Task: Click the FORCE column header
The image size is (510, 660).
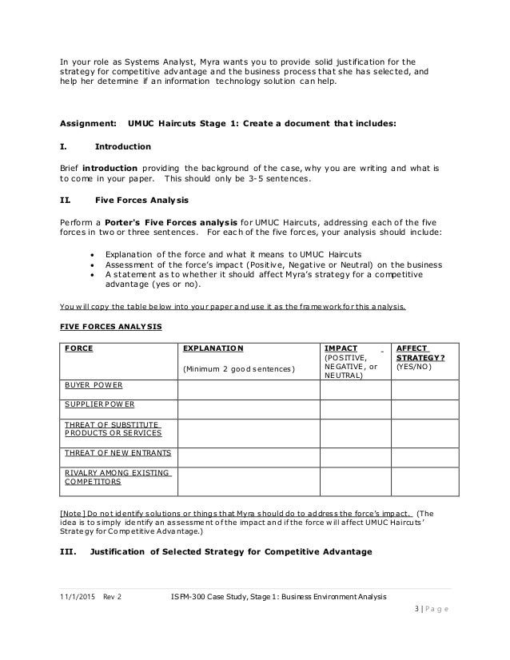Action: (x=77, y=349)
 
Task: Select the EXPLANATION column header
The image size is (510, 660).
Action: (x=213, y=349)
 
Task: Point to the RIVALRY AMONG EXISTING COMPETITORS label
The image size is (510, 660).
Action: (x=118, y=478)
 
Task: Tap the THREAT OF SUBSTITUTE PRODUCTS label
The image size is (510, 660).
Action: (x=112, y=428)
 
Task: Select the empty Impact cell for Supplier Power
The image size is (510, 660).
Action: (x=353, y=409)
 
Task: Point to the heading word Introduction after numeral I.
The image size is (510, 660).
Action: (x=122, y=147)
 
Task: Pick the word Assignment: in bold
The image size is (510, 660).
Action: (x=86, y=124)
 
